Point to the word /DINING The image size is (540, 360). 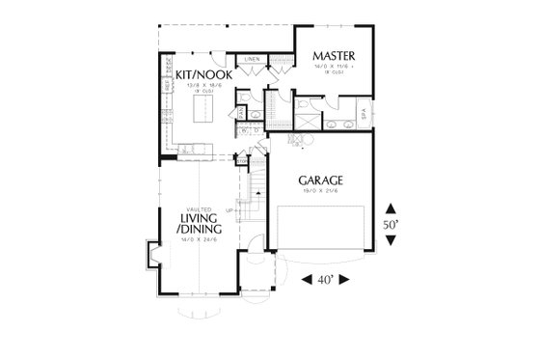200,232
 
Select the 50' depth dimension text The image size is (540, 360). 390,224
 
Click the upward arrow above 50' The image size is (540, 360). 390,207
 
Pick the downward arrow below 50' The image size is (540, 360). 390,241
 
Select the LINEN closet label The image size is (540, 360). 252,59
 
